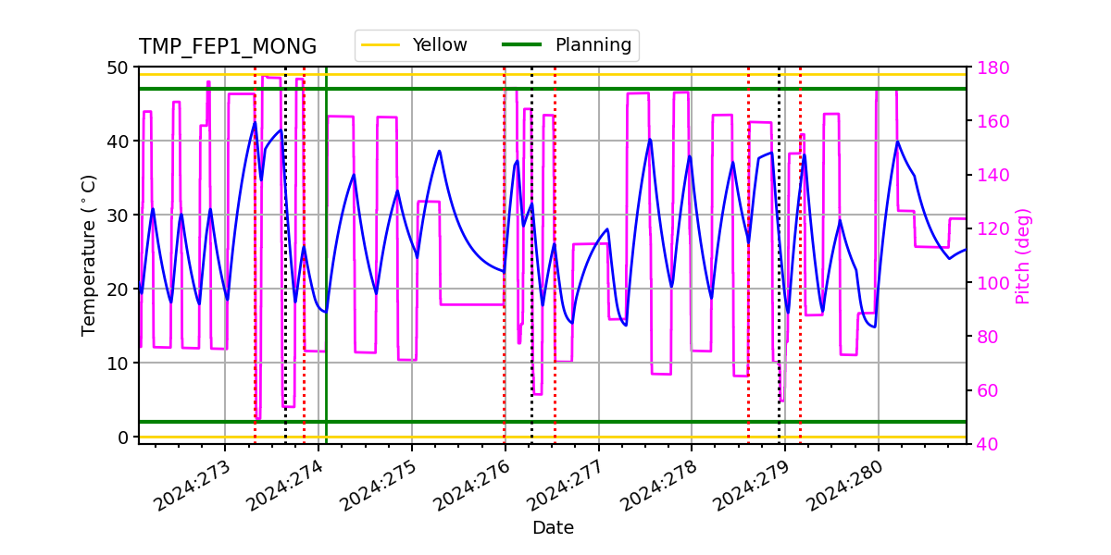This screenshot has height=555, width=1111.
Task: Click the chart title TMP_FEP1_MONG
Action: [227, 47]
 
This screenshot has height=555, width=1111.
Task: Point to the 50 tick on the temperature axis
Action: [118, 68]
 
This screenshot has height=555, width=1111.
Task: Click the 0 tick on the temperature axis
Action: [122, 437]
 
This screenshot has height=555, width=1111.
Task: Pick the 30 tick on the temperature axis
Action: [118, 216]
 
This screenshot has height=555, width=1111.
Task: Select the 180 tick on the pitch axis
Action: [991, 68]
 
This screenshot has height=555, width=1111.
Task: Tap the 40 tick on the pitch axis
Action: [987, 444]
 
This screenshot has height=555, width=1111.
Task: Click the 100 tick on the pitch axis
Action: [991, 283]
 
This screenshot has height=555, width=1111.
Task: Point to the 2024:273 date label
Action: [191, 487]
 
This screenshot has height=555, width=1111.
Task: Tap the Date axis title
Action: [553, 528]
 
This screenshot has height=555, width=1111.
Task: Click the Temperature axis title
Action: [89, 255]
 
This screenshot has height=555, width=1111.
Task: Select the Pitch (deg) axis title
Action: [1023, 255]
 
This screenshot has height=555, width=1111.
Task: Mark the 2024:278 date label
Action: [657, 487]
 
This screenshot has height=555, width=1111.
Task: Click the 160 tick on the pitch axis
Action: [991, 121]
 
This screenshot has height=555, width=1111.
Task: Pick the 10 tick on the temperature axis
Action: [118, 363]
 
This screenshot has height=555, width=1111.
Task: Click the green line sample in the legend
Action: [520, 44]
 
